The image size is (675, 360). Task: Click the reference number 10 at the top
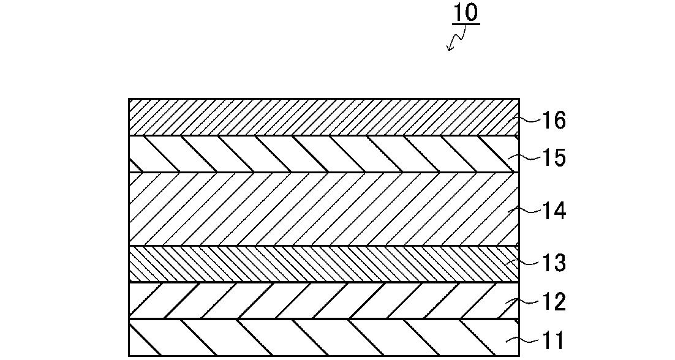466,13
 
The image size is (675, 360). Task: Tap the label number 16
553,121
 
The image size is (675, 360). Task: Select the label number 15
553,158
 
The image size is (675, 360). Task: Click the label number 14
553,212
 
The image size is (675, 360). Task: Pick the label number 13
553,263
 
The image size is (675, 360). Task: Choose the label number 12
553,302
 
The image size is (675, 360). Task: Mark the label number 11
552,340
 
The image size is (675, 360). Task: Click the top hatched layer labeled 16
324,118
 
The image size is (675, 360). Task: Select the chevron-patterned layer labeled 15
324,154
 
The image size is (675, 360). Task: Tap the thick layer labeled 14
324,209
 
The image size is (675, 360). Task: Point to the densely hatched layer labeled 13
324,264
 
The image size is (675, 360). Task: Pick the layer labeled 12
324,301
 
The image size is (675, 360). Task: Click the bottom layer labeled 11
324,338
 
